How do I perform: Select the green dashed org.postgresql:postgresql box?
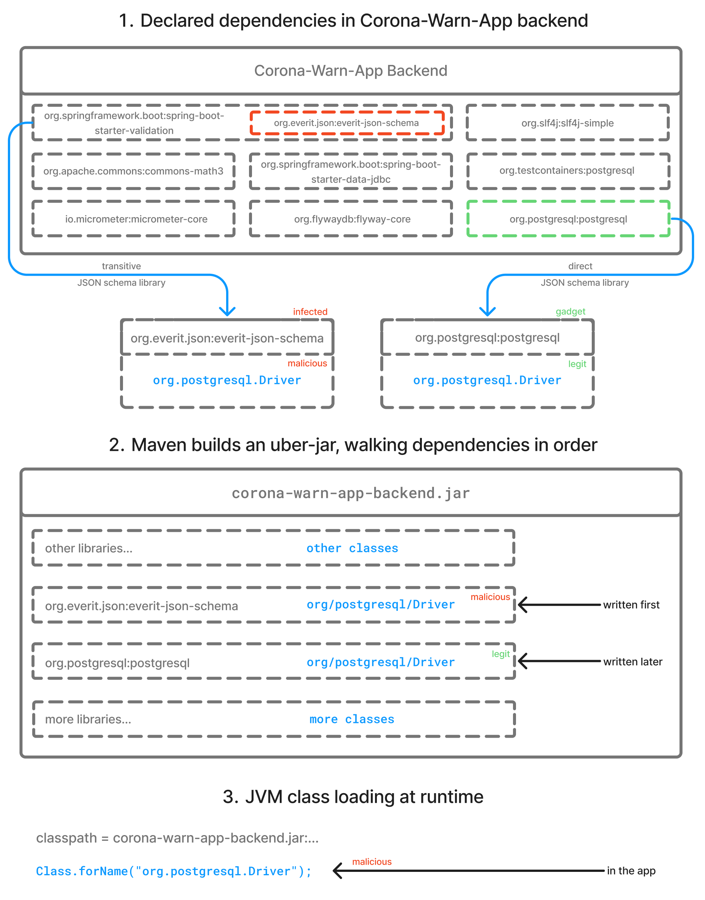(568, 219)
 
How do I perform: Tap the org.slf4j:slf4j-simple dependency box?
(567, 123)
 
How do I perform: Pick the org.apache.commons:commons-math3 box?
(133, 171)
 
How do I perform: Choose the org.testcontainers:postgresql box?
(567, 171)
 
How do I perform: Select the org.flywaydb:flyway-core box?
(352, 219)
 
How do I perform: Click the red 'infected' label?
(310, 312)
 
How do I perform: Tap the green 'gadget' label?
(570, 312)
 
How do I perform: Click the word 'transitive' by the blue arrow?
(121, 266)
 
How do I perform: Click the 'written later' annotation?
(632, 662)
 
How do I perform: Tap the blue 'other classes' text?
(352, 548)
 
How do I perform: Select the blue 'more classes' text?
(352, 719)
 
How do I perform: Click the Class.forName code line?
(173, 871)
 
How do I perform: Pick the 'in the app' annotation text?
(631, 871)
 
